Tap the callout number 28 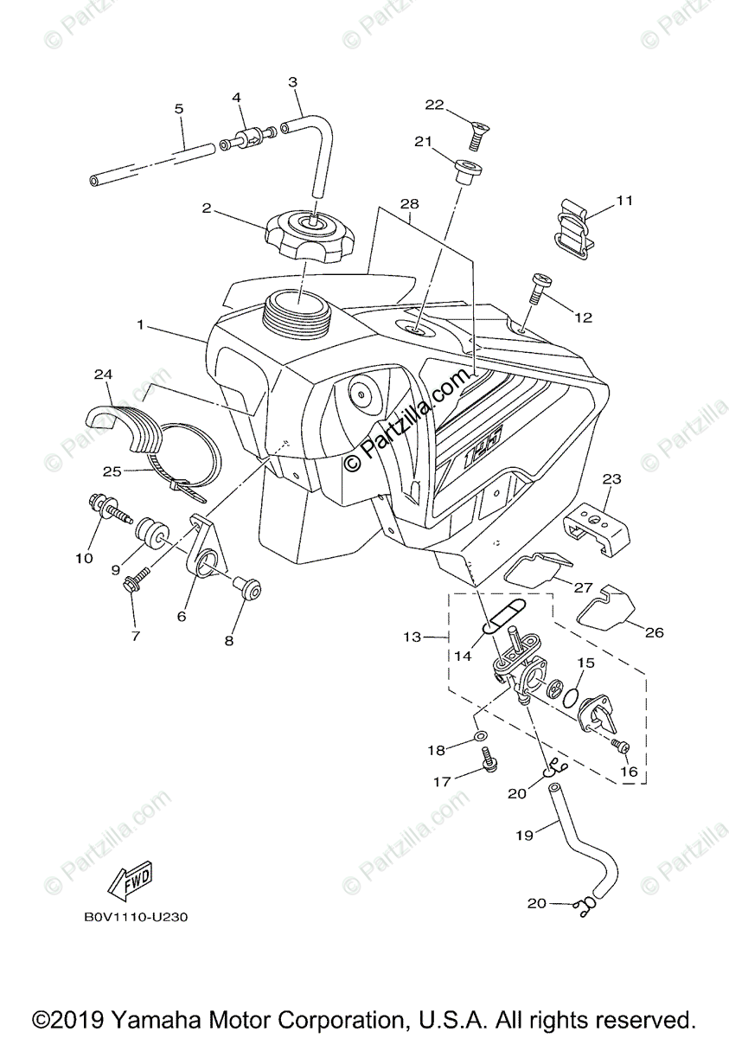(409, 204)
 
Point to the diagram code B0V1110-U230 (136, 916)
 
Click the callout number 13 (412, 638)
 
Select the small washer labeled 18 (481, 737)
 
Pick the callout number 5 (179, 109)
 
